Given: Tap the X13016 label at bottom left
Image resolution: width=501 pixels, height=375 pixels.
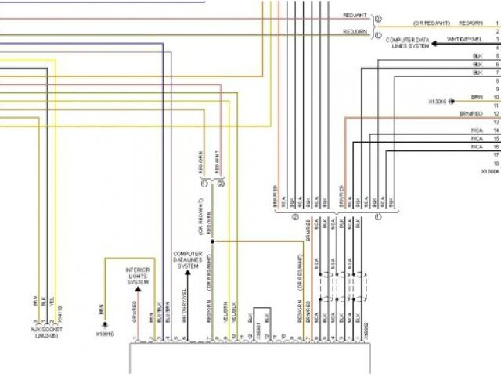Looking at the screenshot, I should pos(105,334).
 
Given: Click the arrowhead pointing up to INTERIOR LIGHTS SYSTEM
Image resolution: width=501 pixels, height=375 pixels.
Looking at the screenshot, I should pos(139,288).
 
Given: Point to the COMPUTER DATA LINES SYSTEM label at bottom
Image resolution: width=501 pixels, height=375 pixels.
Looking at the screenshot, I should pos(188,260).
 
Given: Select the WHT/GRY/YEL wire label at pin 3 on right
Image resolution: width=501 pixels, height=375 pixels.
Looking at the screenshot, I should pos(464,39).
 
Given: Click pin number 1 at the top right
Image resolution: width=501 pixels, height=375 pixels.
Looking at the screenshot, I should pos(496,24).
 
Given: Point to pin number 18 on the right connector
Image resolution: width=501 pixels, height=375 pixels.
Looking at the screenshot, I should pos(496,162).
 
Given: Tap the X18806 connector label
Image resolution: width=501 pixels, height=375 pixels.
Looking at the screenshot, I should pos(490,170).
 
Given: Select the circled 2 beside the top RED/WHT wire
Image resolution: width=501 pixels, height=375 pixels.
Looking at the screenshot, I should pos(377,18).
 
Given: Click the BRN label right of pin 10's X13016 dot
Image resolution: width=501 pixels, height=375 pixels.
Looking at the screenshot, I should pos(477,98).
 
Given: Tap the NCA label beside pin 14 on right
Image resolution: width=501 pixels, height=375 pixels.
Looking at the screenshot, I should pos(476,130).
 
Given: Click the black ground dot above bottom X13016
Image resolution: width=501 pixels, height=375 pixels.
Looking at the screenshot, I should pos(106,323).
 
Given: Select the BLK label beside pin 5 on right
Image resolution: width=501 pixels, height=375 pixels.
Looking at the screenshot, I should pos(477,56).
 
